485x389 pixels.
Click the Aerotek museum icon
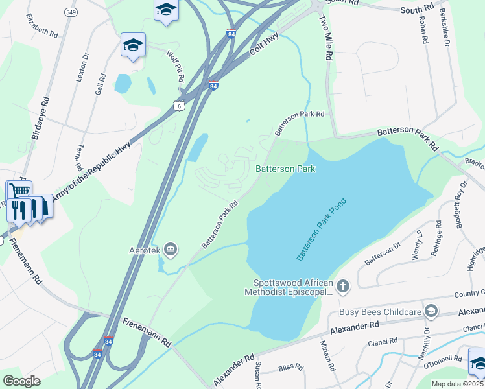(x=171, y=248)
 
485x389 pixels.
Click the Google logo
(x=21, y=381)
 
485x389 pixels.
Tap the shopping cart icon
(x=19, y=191)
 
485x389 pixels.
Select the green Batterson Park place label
(x=285, y=169)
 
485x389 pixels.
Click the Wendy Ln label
(x=417, y=244)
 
